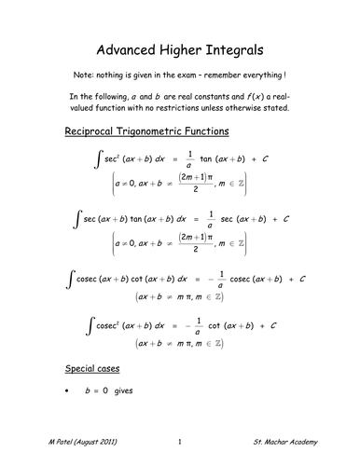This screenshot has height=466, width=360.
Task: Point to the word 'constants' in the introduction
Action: tap(210, 97)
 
